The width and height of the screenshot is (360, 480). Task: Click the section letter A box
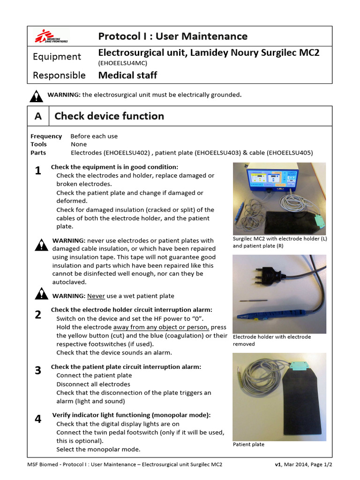(x=38, y=116)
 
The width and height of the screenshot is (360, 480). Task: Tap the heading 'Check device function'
(x=109, y=116)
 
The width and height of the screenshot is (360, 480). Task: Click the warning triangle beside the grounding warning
(x=36, y=96)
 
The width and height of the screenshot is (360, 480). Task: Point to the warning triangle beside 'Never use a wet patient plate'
(x=41, y=294)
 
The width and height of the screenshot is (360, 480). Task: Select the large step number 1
(x=38, y=171)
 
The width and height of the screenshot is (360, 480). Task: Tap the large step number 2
(x=38, y=315)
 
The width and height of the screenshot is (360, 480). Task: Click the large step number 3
(x=38, y=371)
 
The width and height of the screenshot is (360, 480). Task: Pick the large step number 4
(x=38, y=419)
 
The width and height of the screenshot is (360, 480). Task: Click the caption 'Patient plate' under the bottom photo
(x=248, y=444)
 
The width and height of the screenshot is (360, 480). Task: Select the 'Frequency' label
(x=46, y=136)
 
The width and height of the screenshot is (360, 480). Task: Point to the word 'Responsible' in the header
(x=59, y=75)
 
